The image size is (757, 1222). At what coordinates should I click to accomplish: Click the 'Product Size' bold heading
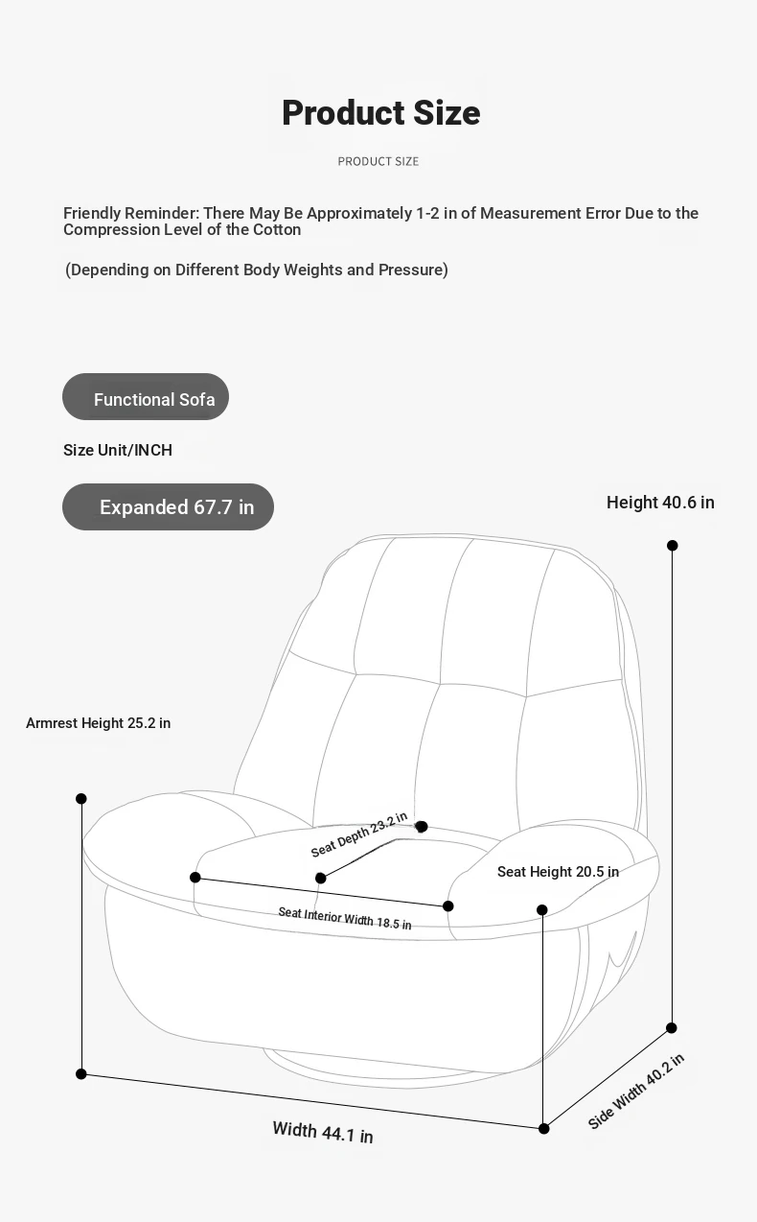(381, 113)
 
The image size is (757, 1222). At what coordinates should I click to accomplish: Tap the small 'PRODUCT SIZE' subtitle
(378, 161)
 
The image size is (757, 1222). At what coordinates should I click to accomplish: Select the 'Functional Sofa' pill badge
(146, 396)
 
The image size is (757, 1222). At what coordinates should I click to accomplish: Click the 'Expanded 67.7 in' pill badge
(168, 506)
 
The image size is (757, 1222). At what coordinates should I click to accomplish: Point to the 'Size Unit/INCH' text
(118, 450)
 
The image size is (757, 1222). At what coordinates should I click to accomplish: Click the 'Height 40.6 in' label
(660, 503)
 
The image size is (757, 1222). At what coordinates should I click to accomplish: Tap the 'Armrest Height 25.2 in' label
(98, 723)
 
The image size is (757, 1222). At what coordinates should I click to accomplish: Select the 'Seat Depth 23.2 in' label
(359, 834)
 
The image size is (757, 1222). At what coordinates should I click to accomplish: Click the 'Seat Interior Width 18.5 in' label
(344, 918)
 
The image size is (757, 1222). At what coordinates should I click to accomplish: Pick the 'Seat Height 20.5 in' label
(558, 872)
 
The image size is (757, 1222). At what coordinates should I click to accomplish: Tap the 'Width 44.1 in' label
(323, 1132)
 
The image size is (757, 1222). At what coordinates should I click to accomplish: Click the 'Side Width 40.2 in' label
(635, 1092)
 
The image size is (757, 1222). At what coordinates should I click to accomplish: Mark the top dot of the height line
(673, 546)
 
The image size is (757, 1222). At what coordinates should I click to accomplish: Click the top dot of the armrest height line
(81, 799)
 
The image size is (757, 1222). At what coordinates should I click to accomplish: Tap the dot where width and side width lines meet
(544, 1129)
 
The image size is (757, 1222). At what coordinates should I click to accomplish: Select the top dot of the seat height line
(542, 910)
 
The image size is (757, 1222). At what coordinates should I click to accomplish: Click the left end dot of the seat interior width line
(195, 878)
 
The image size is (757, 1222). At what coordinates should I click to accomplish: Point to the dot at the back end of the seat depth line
(422, 827)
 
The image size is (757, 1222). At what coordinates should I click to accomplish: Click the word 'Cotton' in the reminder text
(274, 229)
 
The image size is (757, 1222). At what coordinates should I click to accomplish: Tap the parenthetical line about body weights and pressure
(256, 270)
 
